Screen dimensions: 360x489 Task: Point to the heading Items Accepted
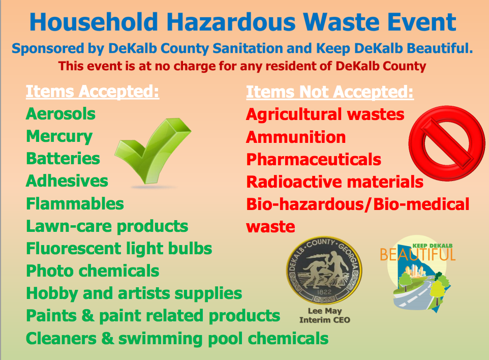pyautogui.click(x=93, y=92)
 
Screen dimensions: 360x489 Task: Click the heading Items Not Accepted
pyautogui.click(x=330, y=92)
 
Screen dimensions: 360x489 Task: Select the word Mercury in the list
pyautogui.click(x=59, y=136)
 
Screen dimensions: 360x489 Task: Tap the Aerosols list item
pyautogui.click(x=60, y=113)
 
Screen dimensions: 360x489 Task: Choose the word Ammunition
pyautogui.click(x=296, y=137)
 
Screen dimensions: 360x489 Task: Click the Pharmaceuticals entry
pyautogui.click(x=314, y=159)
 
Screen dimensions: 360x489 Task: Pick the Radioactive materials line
pyautogui.click(x=334, y=182)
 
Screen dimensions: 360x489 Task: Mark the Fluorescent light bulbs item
pyautogui.click(x=119, y=249)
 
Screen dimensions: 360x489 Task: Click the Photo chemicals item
pyautogui.click(x=93, y=271)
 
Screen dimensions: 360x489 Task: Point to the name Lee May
pyautogui.click(x=324, y=311)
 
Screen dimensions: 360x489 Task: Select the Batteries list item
pyautogui.click(x=63, y=159)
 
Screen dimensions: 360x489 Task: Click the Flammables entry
pyautogui.click(x=75, y=204)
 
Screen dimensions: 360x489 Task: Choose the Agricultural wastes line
pyautogui.click(x=325, y=114)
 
